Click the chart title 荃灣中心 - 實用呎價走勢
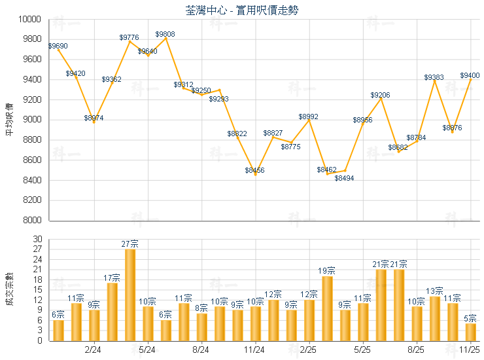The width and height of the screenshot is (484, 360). click(x=243, y=10)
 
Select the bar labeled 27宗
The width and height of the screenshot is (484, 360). click(x=130, y=295)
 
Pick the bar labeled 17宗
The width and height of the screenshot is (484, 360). click(x=112, y=312)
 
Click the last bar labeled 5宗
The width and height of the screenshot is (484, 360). click(x=470, y=332)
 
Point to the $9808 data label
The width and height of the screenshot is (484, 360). click(x=165, y=34)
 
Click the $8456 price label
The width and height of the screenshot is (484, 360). click(x=255, y=170)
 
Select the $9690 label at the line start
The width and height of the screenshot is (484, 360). click(x=58, y=46)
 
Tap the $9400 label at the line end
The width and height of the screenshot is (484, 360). click(x=470, y=75)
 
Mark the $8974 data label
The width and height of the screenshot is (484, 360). click(x=94, y=118)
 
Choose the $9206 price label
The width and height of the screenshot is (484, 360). click(x=380, y=96)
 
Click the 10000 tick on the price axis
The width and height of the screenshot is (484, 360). click(x=31, y=20)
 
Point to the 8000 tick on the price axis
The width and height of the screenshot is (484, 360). click(x=33, y=221)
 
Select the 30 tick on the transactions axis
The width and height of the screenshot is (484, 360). click(x=37, y=239)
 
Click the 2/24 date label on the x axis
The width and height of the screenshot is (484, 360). click(x=94, y=350)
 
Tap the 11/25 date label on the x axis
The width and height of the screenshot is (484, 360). click(x=470, y=350)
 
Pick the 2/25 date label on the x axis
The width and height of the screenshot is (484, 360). click(x=309, y=350)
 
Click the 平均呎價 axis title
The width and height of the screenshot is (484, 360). click(x=9, y=120)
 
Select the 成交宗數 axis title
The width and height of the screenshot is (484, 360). click(x=9, y=289)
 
